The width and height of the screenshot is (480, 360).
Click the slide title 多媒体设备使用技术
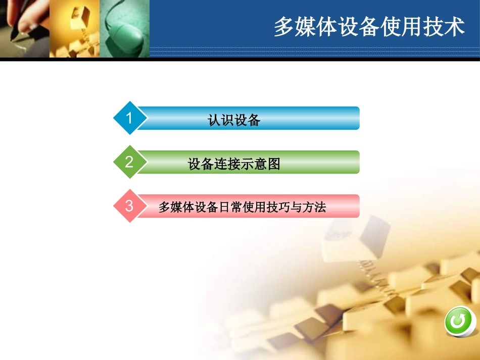click(369, 27)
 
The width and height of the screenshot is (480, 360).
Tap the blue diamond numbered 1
click(129, 118)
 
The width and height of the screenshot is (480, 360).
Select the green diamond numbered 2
click(129, 162)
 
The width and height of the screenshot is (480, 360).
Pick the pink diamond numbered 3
click(129, 206)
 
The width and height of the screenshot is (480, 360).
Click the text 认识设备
click(234, 120)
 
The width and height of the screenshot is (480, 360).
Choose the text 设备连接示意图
click(234, 164)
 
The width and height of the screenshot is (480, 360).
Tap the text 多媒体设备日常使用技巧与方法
click(242, 207)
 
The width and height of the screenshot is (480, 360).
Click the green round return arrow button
click(460, 321)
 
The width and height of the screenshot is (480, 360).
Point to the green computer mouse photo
click(124, 28)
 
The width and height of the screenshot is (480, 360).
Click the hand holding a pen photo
click(24, 28)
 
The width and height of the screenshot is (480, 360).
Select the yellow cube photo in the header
click(74, 28)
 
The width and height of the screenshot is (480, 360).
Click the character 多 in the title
click(283, 27)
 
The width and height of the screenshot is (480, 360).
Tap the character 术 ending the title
click(455, 27)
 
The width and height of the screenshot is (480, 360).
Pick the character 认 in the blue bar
click(214, 120)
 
